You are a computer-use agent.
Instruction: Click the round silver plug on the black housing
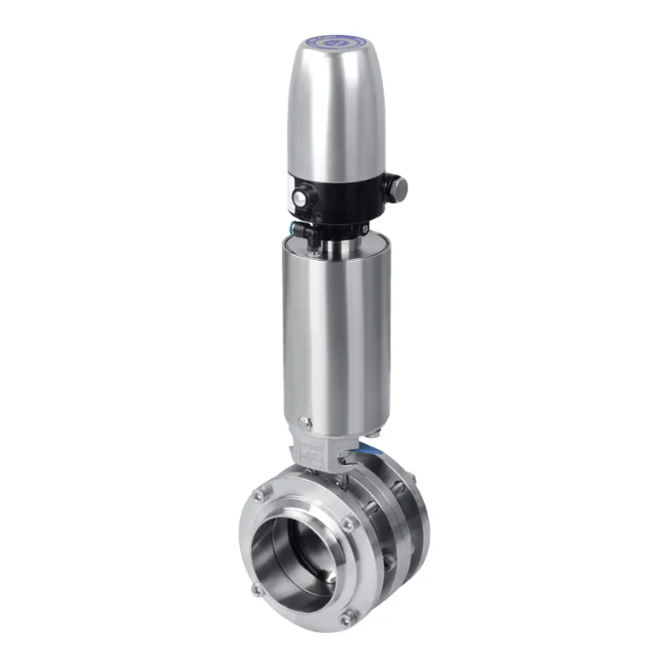(x=299, y=197)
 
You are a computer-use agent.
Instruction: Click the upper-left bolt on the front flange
(x=260, y=497)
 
